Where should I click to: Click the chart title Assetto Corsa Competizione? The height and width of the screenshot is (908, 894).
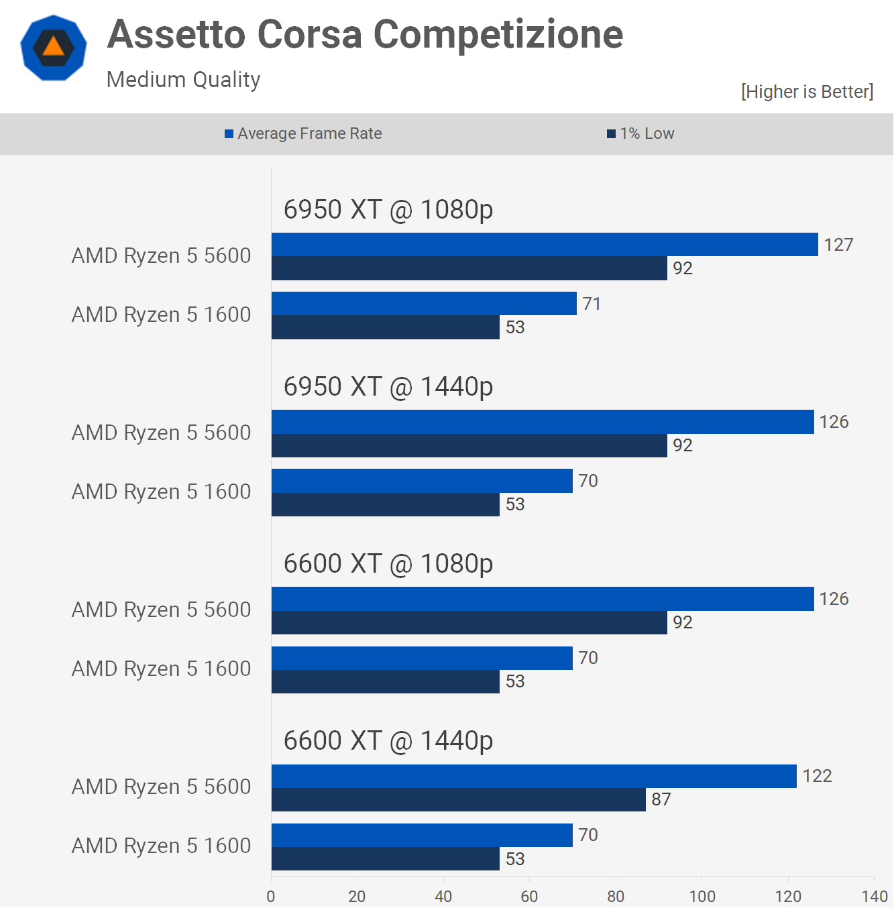(365, 34)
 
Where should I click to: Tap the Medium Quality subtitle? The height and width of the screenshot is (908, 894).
(183, 80)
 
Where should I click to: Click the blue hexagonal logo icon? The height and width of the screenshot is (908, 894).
(54, 48)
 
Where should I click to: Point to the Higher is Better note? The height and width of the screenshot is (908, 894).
(807, 92)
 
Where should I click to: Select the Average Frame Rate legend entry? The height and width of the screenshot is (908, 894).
(304, 133)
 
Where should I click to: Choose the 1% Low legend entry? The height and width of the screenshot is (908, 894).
(641, 133)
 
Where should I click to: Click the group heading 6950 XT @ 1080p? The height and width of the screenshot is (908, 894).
(388, 210)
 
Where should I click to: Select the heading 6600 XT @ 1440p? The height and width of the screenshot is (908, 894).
(388, 741)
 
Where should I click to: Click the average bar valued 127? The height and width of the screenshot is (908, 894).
(545, 245)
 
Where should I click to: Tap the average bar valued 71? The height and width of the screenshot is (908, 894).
(424, 304)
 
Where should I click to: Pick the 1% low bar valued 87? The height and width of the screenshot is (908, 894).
(459, 800)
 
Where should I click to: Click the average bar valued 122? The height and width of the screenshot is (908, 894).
(534, 777)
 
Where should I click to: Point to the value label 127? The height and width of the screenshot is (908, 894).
(838, 245)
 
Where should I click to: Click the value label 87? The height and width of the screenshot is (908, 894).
(661, 799)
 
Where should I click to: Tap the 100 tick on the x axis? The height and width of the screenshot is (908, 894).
(702, 896)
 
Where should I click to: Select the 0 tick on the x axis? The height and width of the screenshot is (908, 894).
(271, 896)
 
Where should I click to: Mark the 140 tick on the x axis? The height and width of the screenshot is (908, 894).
(875, 896)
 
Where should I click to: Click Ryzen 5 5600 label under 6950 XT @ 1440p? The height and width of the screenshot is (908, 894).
(161, 433)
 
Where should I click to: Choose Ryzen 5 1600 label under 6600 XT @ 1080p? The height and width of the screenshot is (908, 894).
(161, 669)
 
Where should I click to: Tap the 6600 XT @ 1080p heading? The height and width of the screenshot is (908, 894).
(388, 564)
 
